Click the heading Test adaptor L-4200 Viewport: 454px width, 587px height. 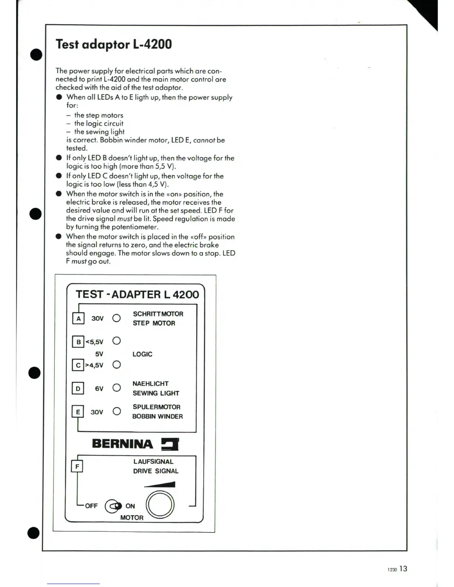[x=114, y=44]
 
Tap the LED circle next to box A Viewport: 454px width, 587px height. [x=116, y=318]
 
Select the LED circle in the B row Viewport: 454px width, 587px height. [x=116, y=341]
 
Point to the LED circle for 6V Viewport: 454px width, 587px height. [x=116, y=388]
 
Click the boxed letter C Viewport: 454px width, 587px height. [x=78, y=365]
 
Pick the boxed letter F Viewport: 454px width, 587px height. [x=77, y=466]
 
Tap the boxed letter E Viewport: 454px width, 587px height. [x=78, y=412]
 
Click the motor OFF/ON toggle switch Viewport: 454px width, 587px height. [x=113, y=506]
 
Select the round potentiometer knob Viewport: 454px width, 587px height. [x=160, y=505]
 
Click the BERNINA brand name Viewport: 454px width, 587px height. [x=122, y=444]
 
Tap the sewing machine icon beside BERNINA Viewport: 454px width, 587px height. [x=170, y=444]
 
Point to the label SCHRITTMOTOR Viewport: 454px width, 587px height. [x=158, y=314]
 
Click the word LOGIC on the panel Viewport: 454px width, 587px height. [x=142, y=354]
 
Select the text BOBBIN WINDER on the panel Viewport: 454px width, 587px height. [x=158, y=417]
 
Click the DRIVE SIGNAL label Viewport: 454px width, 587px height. [x=156, y=471]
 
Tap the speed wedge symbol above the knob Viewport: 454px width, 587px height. [x=160, y=484]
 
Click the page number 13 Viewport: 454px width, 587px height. [x=404, y=569]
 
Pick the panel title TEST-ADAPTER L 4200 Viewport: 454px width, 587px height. [x=137, y=295]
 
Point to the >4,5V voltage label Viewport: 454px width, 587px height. [x=95, y=365]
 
